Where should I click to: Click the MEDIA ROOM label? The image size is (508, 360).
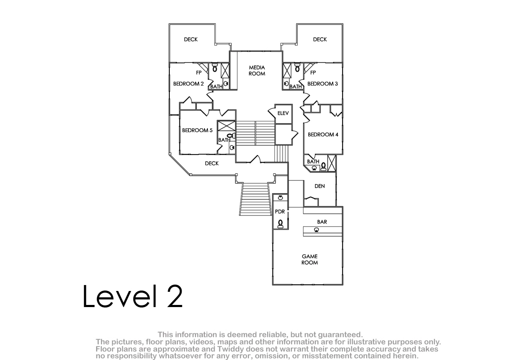(x=257, y=71)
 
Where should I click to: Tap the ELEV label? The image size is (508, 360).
(x=283, y=113)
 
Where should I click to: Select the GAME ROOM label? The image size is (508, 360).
(x=309, y=260)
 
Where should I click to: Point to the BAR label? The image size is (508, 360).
(x=322, y=222)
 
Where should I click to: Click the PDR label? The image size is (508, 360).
(x=280, y=212)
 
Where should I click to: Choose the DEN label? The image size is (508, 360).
(x=320, y=186)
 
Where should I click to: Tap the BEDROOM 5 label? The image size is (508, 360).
(x=197, y=130)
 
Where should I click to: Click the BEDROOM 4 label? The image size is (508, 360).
(x=323, y=135)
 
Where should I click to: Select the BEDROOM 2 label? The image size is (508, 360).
(x=188, y=84)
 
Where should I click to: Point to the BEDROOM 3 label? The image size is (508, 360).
(x=323, y=84)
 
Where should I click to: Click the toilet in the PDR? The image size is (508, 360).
(x=281, y=224)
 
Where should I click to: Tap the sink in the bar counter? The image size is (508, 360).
(x=316, y=230)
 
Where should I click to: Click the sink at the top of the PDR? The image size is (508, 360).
(x=281, y=198)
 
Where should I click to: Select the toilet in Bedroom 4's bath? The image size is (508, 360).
(x=323, y=166)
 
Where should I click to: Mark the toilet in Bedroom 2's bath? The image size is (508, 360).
(x=215, y=68)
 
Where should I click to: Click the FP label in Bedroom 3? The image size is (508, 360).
(x=313, y=72)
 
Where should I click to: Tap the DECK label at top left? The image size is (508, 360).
(x=191, y=39)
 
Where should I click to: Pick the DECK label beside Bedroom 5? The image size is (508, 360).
(x=212, y=163)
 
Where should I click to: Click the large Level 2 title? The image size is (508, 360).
(x=133, y=296)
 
